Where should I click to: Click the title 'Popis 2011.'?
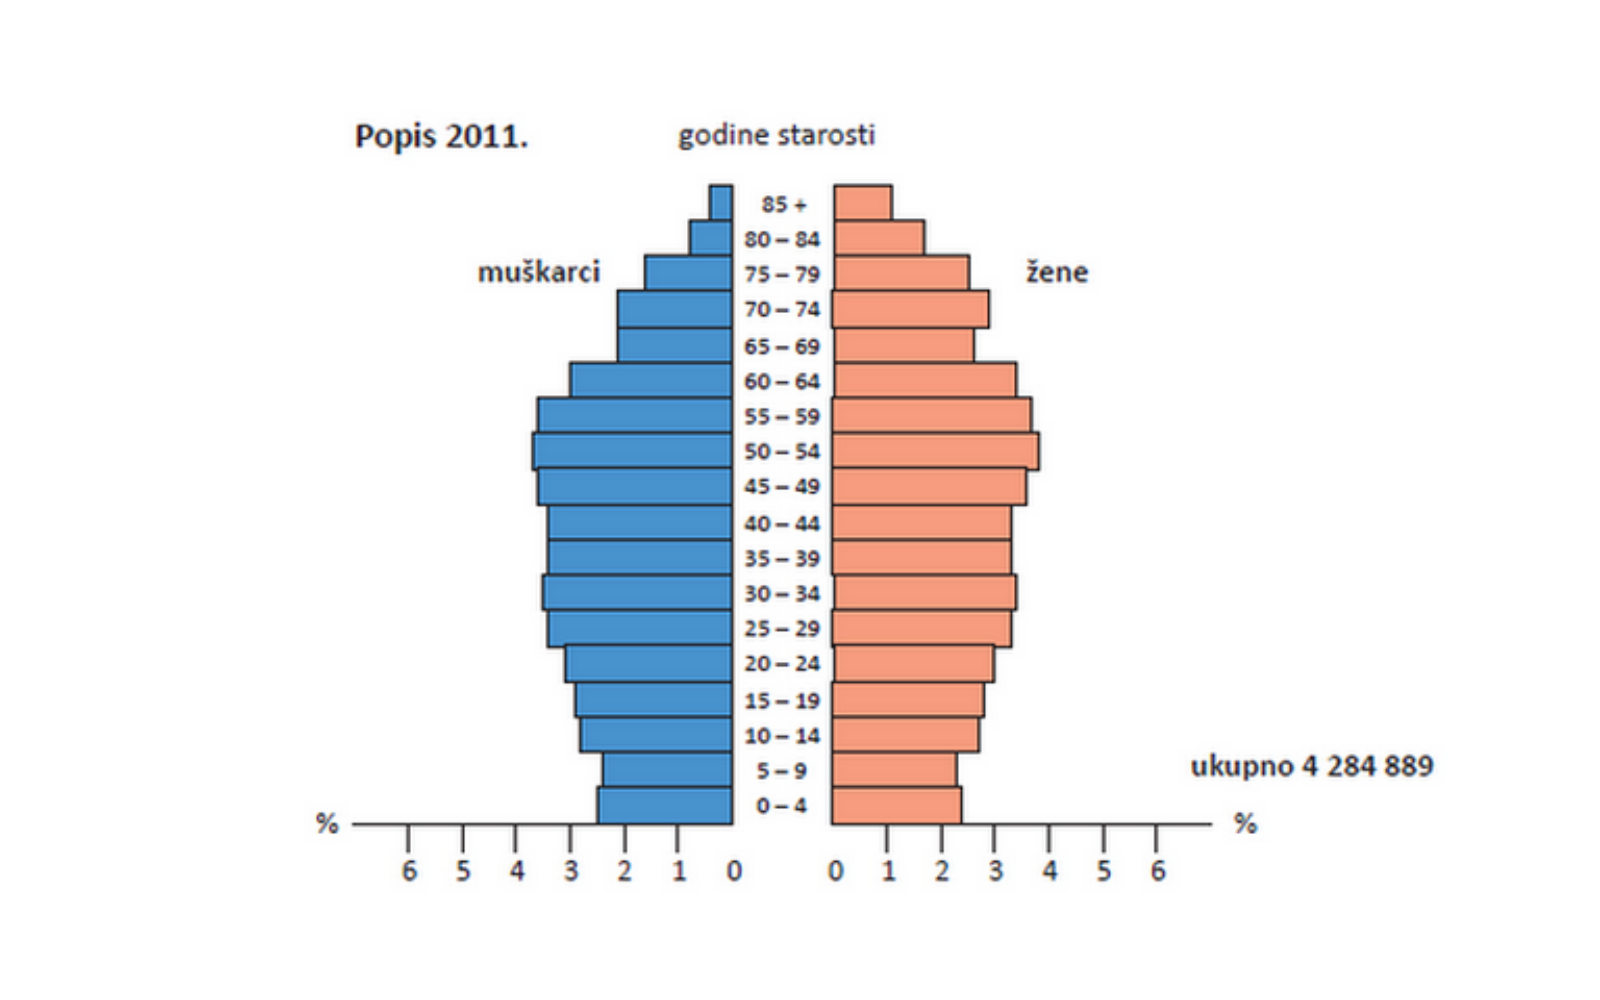tap(441, 136)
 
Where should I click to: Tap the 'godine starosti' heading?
tap(776, 135)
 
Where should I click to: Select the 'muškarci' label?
tap(538, 272)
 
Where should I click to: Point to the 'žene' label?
tap(1056, 272)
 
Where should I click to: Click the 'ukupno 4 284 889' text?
tap(1311, 766)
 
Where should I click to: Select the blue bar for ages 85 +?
tap(721, 202)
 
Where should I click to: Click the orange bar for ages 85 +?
tap(862, 202)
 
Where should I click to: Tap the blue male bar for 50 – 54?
tap(632, 451)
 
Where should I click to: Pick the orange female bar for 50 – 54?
tap(935, 451)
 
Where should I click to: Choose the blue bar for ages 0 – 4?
tap(665, 806)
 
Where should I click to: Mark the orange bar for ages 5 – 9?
tap(894, 770)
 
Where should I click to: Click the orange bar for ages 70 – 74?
tap(910, 309)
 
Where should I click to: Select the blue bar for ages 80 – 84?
tap(711, 238)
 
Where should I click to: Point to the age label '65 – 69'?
tap(781, 346)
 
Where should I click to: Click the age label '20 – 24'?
tap(781, 664)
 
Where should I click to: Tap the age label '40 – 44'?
tap(781, 523)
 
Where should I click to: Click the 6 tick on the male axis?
tap(409, 871)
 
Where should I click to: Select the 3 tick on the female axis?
tap(995, 871)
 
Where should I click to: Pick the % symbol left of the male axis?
tap(327, 824)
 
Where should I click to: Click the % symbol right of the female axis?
tap(1245, 824)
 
